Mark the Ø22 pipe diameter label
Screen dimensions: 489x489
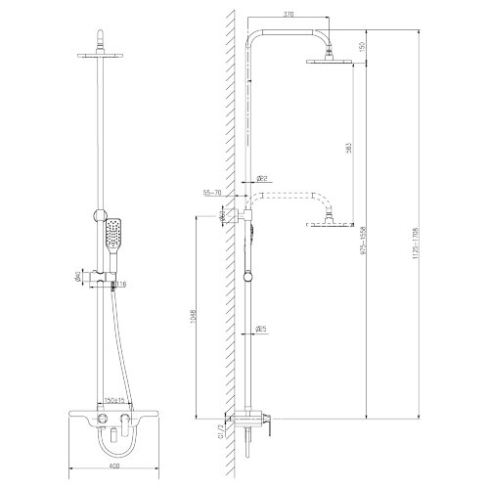click(263, 178)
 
